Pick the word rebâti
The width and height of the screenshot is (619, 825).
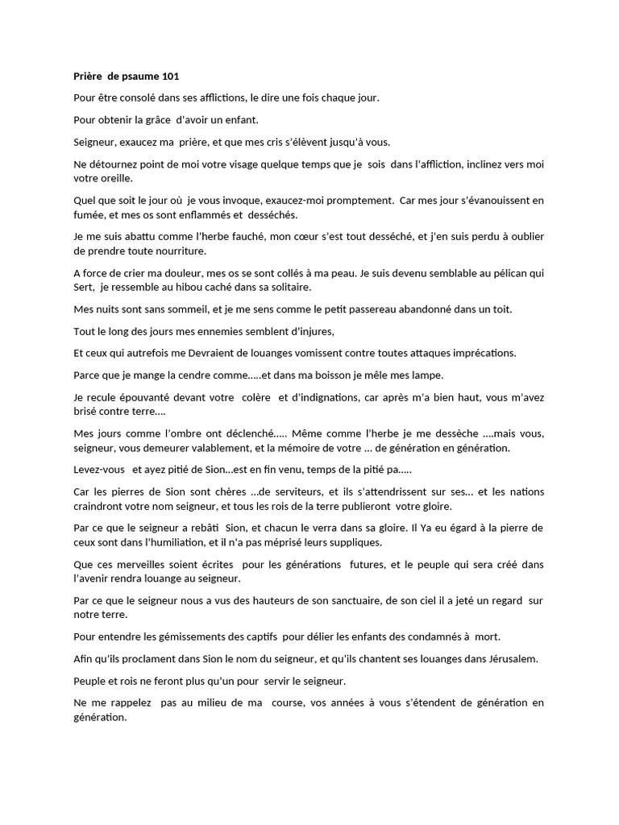(204, 529)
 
